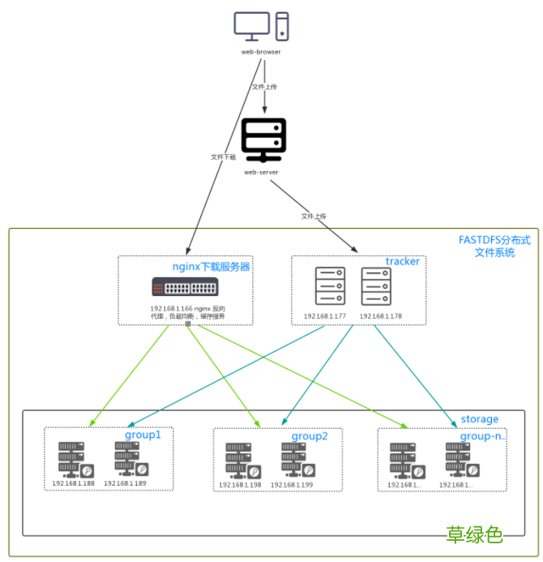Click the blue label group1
pos(143,435)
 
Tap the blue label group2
pos(310,436)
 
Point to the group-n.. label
pos(482,436)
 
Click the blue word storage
pos(480,419)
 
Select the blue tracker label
pos(403,261)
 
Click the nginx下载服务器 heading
pos(211,266)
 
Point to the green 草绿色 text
pos(474,535)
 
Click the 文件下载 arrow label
pos(223,157)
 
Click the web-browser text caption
pos(261,52)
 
